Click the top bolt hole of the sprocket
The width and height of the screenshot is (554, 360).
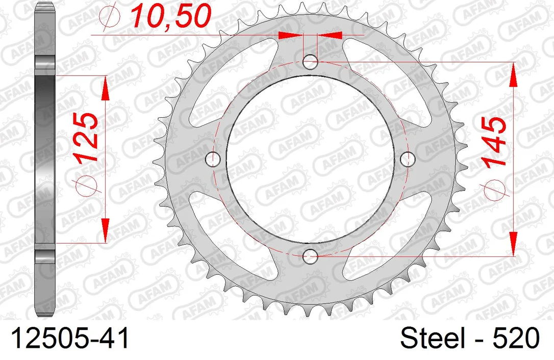tap(310, 62)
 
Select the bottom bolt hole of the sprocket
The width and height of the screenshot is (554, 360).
tap(310, 256)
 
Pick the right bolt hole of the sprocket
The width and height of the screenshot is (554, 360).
tap(408, 159)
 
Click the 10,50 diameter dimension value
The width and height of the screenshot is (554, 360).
tap(171, 16)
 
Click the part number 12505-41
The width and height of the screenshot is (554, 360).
tap(70, 338)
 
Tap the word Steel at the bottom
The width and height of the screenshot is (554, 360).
tap(433, 338)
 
